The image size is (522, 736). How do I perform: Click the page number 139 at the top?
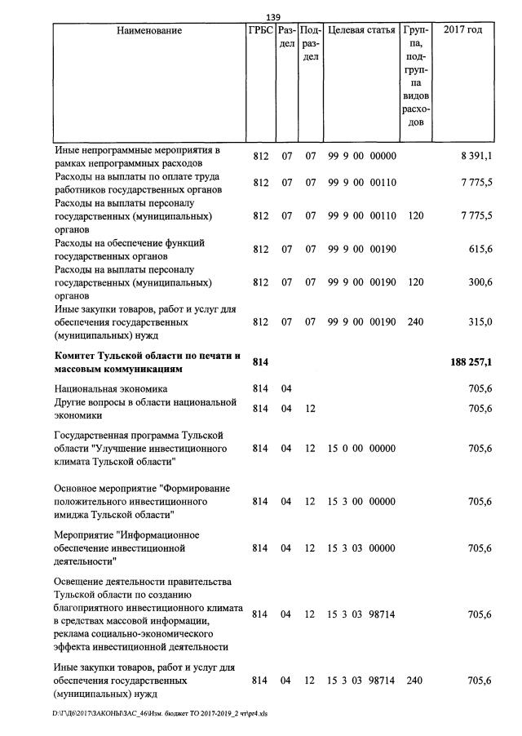click(273, 17)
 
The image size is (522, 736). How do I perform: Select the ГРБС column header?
click(260, 31)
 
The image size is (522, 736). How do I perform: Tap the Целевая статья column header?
click(361, 31)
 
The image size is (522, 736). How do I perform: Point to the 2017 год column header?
click(462, 31)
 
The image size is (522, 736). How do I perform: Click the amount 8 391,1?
click(476, 156)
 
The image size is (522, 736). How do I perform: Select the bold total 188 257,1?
click(471, 361)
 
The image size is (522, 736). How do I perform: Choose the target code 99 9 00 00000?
click(361, 156)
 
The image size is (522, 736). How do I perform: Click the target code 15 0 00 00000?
click(361, 449)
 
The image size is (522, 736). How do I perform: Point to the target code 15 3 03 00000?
click(361, 548)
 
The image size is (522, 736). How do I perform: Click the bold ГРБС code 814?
click(260, 361)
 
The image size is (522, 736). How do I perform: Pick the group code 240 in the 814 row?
click(415, 681)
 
